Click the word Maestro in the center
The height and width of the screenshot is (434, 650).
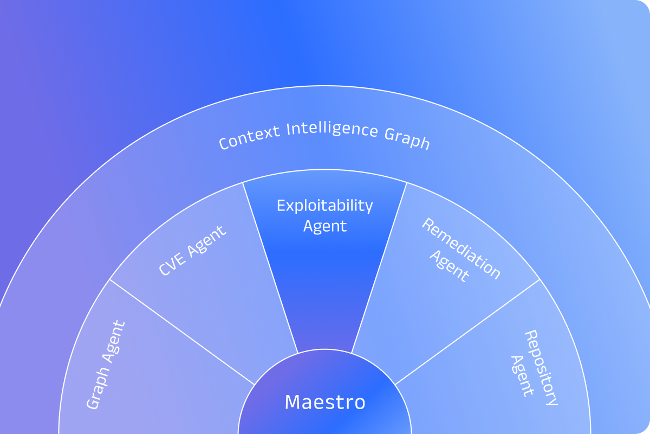click(x=325, y=402)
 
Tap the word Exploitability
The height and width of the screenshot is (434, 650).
click(x=325, y=207)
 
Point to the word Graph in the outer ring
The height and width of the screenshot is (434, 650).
click(x=407, y=140)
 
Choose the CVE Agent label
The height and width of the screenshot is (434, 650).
click(x=192, y=250)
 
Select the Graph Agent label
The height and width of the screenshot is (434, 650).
click(x=106, y=365)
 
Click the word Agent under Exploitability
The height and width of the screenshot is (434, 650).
click(x=325, y=226)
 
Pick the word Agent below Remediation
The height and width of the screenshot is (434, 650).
click(x=449, y=266)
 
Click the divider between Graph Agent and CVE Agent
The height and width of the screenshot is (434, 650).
click(x=181, y=332)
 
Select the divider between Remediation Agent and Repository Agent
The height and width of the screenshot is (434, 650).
click(x=469, y=332)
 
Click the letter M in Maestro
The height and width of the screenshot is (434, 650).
click(x=292, y=402)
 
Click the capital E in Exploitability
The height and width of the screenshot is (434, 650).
click(x=281, y=206)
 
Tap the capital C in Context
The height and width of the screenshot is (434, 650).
click(x=224, y=144)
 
